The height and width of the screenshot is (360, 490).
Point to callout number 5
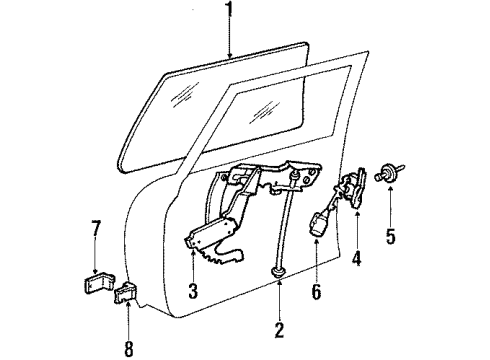tap(392, 237)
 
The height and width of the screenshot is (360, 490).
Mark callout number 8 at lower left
tap(128, 322)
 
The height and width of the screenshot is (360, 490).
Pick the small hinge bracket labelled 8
tap(126, 293)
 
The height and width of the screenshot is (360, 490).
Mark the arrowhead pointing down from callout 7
tap(96, 273)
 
